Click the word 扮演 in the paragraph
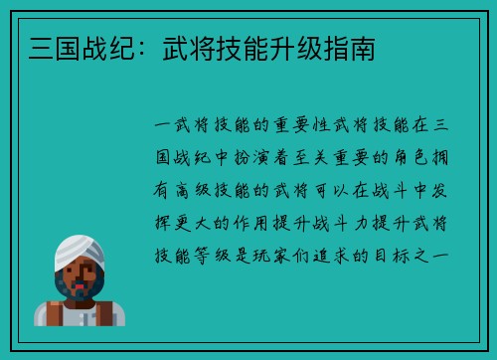pyautogui.click(x=258, y=158)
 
